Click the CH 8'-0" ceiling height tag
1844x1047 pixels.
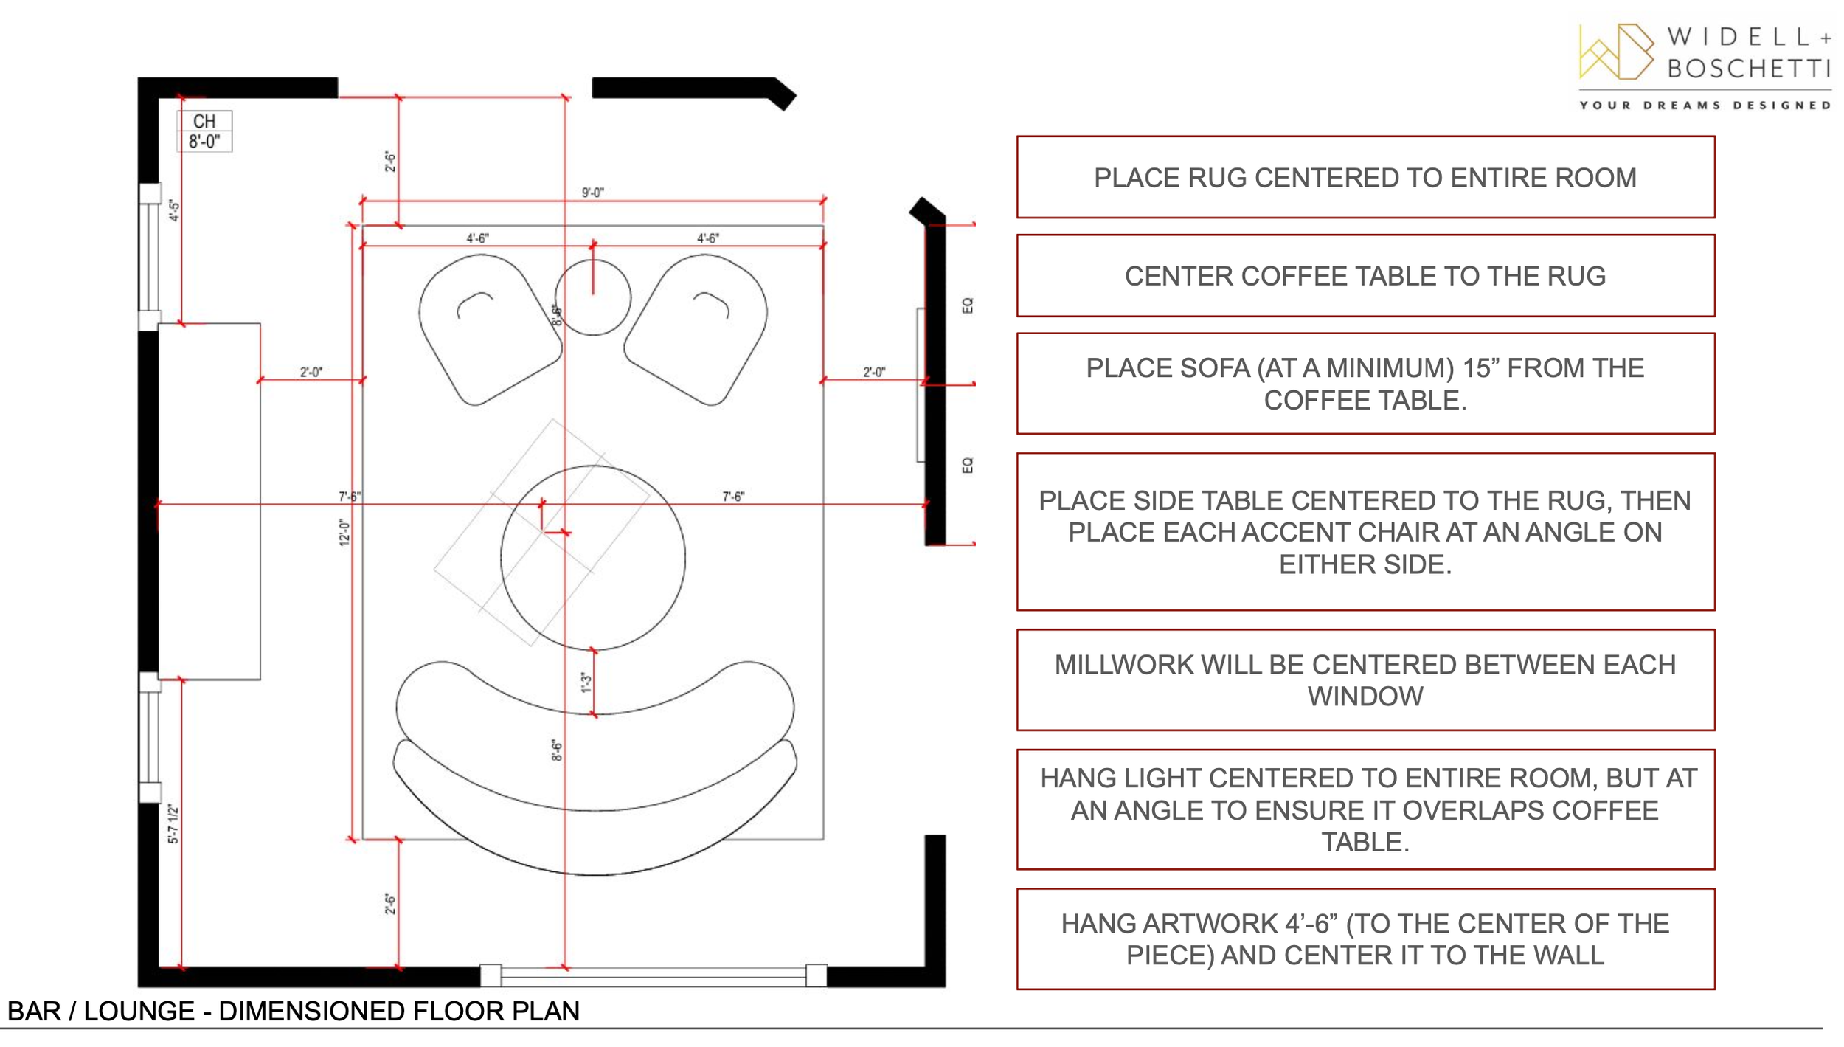(204, 131)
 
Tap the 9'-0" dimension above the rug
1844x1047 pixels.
(592, 193)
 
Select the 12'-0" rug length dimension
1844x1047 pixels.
(344, 531)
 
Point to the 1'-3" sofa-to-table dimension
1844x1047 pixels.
(586, 682)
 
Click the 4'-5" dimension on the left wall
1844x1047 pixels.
(174, 210)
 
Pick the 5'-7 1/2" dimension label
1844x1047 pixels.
(173, 823)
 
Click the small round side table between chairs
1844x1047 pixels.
(592, 297)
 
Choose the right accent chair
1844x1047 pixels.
(696, 329)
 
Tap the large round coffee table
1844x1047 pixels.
(592, 558)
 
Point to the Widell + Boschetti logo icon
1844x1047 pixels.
(1615, 52)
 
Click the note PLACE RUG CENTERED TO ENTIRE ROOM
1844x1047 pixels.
(1365, 177)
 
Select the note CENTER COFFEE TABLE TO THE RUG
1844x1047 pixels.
(1365, 275)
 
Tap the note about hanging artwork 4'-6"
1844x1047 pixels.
(1365, 939)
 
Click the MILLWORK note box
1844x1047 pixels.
(1365, 680)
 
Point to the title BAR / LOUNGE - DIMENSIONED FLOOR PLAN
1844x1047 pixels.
(294, 1011)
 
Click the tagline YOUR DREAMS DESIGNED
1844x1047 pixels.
(1705, 106)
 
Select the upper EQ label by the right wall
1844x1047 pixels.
(968, 305)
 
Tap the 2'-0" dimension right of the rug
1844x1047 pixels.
(874, 372)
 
